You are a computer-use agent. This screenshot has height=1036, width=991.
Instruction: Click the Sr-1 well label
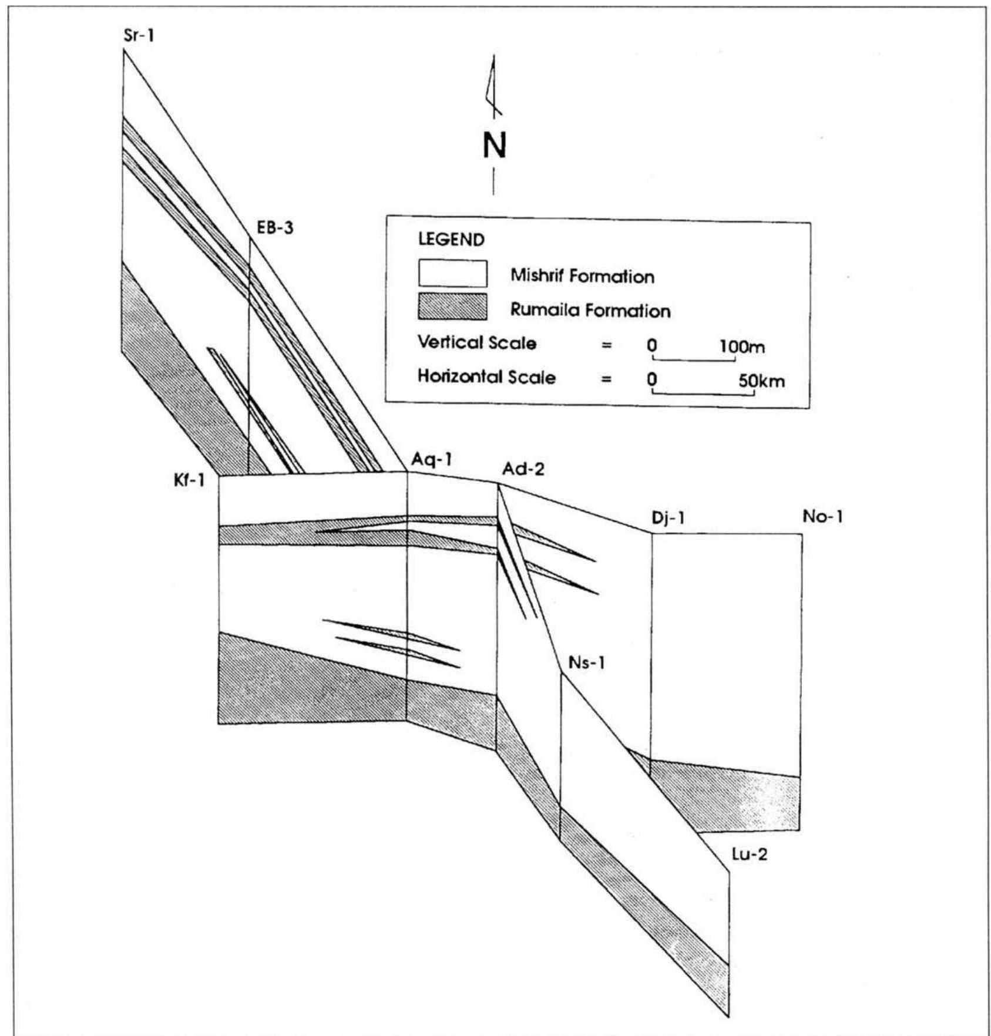[139, 36]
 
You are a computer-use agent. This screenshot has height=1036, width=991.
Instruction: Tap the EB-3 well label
[274, 227]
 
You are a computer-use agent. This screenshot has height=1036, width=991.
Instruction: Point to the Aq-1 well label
[432, 459]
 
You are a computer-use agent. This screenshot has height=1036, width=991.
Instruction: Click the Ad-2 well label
[523, 469]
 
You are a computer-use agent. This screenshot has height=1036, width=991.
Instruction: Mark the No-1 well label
[822, 517]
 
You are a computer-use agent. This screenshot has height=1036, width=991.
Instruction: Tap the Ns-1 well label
[586, 663]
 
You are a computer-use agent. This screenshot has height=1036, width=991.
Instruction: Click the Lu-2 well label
[749, 854]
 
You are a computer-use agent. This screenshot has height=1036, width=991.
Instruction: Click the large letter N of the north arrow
[494, 146]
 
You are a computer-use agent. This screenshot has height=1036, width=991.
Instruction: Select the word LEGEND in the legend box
[451, 240]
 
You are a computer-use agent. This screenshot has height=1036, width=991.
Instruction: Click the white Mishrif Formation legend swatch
[452, 274]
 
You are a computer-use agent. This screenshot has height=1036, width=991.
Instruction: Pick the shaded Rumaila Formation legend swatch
[452, 307]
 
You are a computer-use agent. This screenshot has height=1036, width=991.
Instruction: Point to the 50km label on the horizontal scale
[761, 381]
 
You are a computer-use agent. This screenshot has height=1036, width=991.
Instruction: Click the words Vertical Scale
[476, 342]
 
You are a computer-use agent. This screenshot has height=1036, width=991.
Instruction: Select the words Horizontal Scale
[486, 376]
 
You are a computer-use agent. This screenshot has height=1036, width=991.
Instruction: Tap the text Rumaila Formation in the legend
[590, 310]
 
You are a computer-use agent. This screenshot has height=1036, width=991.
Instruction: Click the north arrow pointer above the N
[492, 85]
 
